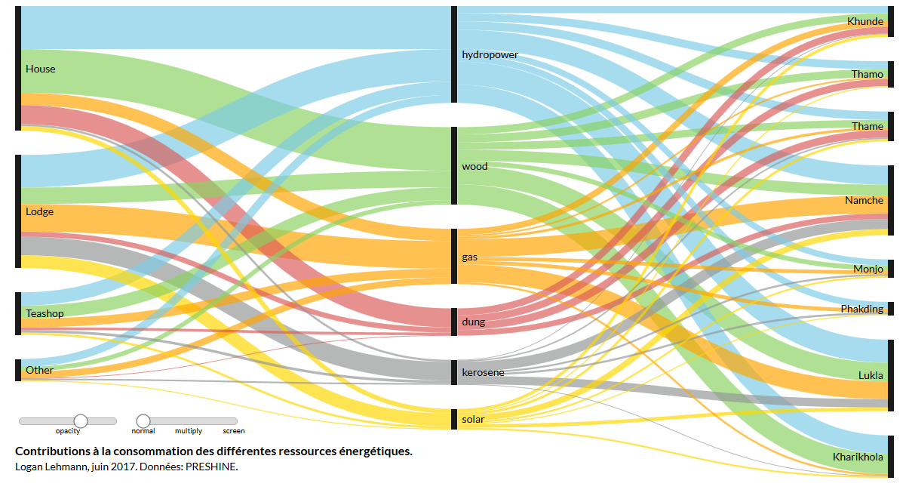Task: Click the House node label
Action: click(41, 69)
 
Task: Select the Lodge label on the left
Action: click(40, 211)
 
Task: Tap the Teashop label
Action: click(45, 313)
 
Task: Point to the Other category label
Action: click(39, 370)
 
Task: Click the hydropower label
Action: click(490, 55)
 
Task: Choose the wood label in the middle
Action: click(474, 167)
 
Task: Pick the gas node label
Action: click(469, 257)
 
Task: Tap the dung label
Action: click(473, 322)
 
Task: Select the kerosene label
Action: click(483, 372)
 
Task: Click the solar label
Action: click(473, 419)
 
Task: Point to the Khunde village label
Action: click(865, 22)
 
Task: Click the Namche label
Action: click(864, 201)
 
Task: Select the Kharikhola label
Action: click(858, 457)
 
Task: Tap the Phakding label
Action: click(861, 309)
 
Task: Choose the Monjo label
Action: click(868, 269)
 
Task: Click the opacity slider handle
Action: click(81, 420)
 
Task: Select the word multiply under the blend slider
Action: click(189, 431)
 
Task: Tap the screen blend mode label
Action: click(233, 431)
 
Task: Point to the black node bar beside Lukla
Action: click(891, 375)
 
